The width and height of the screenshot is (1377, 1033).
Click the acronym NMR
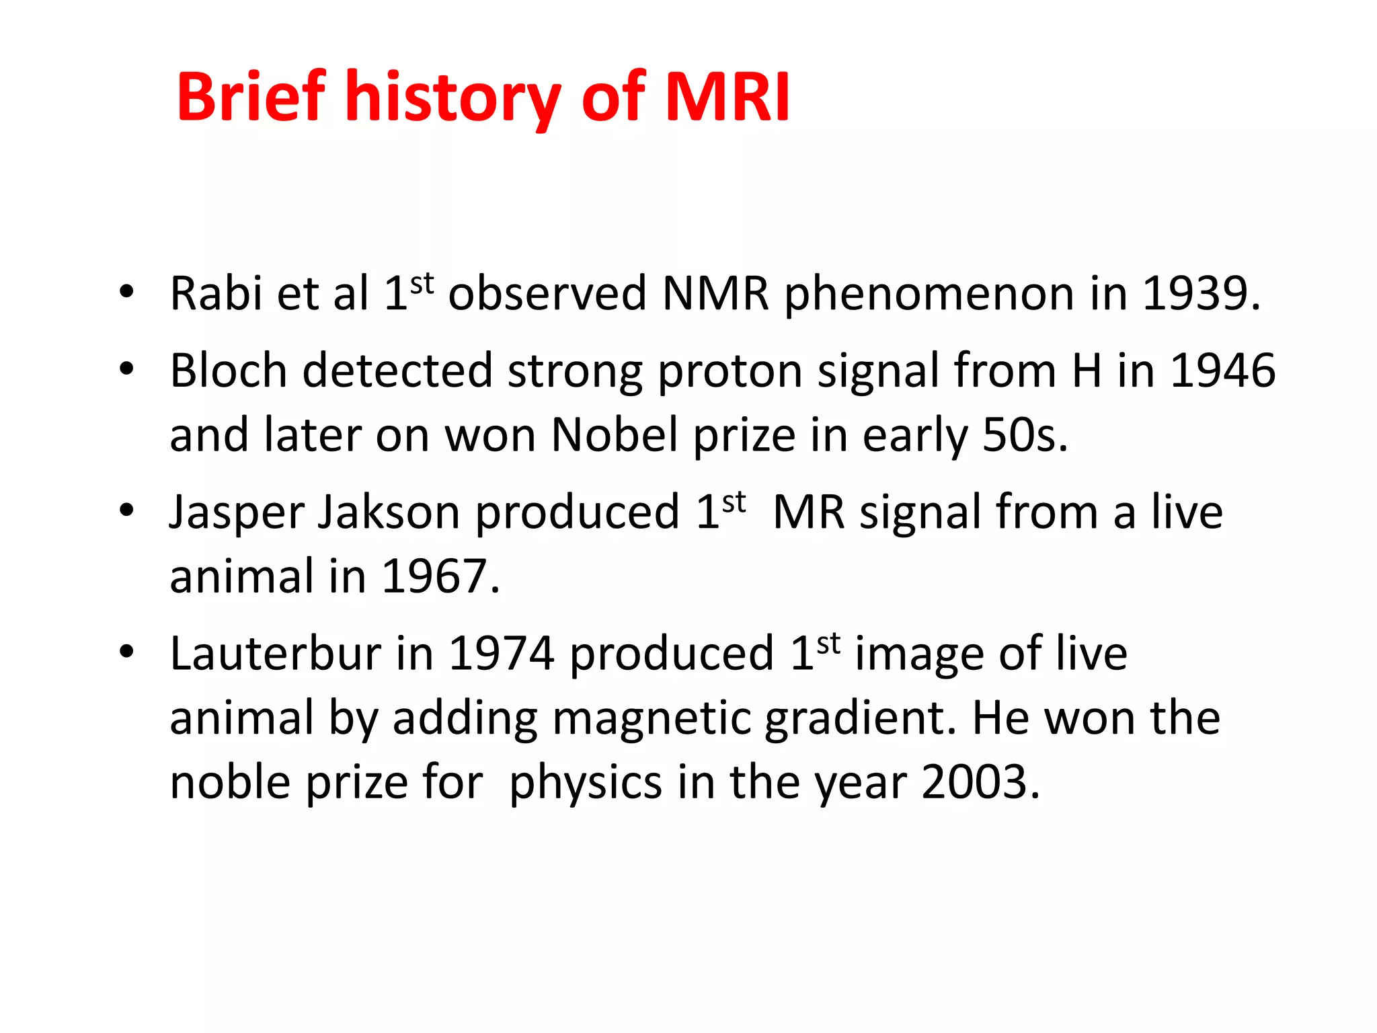[715, 294]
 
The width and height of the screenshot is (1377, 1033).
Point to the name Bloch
[229, 371]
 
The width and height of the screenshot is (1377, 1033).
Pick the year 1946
[1222, 371]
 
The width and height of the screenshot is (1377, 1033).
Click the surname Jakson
[389, 512]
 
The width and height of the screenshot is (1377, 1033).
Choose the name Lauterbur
[275, 654]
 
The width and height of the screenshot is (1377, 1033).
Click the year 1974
[501, 654]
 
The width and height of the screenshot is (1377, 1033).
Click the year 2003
[980, 783]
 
